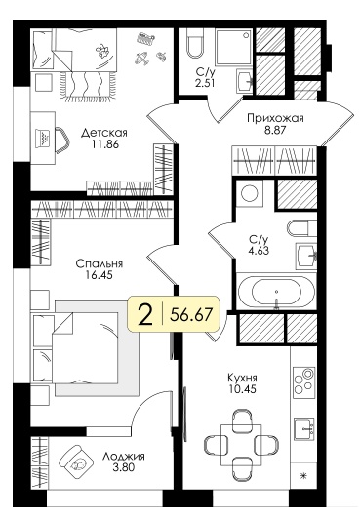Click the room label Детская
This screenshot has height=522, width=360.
tap(104, 133)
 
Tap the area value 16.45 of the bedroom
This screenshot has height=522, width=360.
tap(99, 275)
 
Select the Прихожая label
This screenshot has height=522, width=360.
tap(275, 118)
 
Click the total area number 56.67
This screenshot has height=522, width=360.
tap(191, 314)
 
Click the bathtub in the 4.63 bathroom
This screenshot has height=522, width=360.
tap(276, 291)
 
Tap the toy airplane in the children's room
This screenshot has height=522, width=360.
tap(142, 58)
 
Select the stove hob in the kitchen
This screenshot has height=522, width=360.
tap(303, 381)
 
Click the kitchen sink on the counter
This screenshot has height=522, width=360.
tap(304, 428)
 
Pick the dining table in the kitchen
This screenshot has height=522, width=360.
tap(241, 446)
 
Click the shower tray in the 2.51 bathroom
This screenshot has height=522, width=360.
tap(233, 47)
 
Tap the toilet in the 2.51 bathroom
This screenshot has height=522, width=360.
tap(195, 43)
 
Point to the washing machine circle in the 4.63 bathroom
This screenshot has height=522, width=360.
tap(250, 193)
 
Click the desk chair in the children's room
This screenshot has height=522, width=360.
tap(62, 140)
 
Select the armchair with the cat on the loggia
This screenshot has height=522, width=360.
tap(76, 462)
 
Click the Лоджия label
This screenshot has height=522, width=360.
tap(123, 456)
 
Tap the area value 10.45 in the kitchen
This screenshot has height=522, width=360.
tap(242, 388)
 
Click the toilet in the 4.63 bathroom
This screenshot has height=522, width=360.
tap(301, 228)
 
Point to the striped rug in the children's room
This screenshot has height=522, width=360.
tap(86, 85)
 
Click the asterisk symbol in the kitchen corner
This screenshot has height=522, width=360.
tap(303, 476)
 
